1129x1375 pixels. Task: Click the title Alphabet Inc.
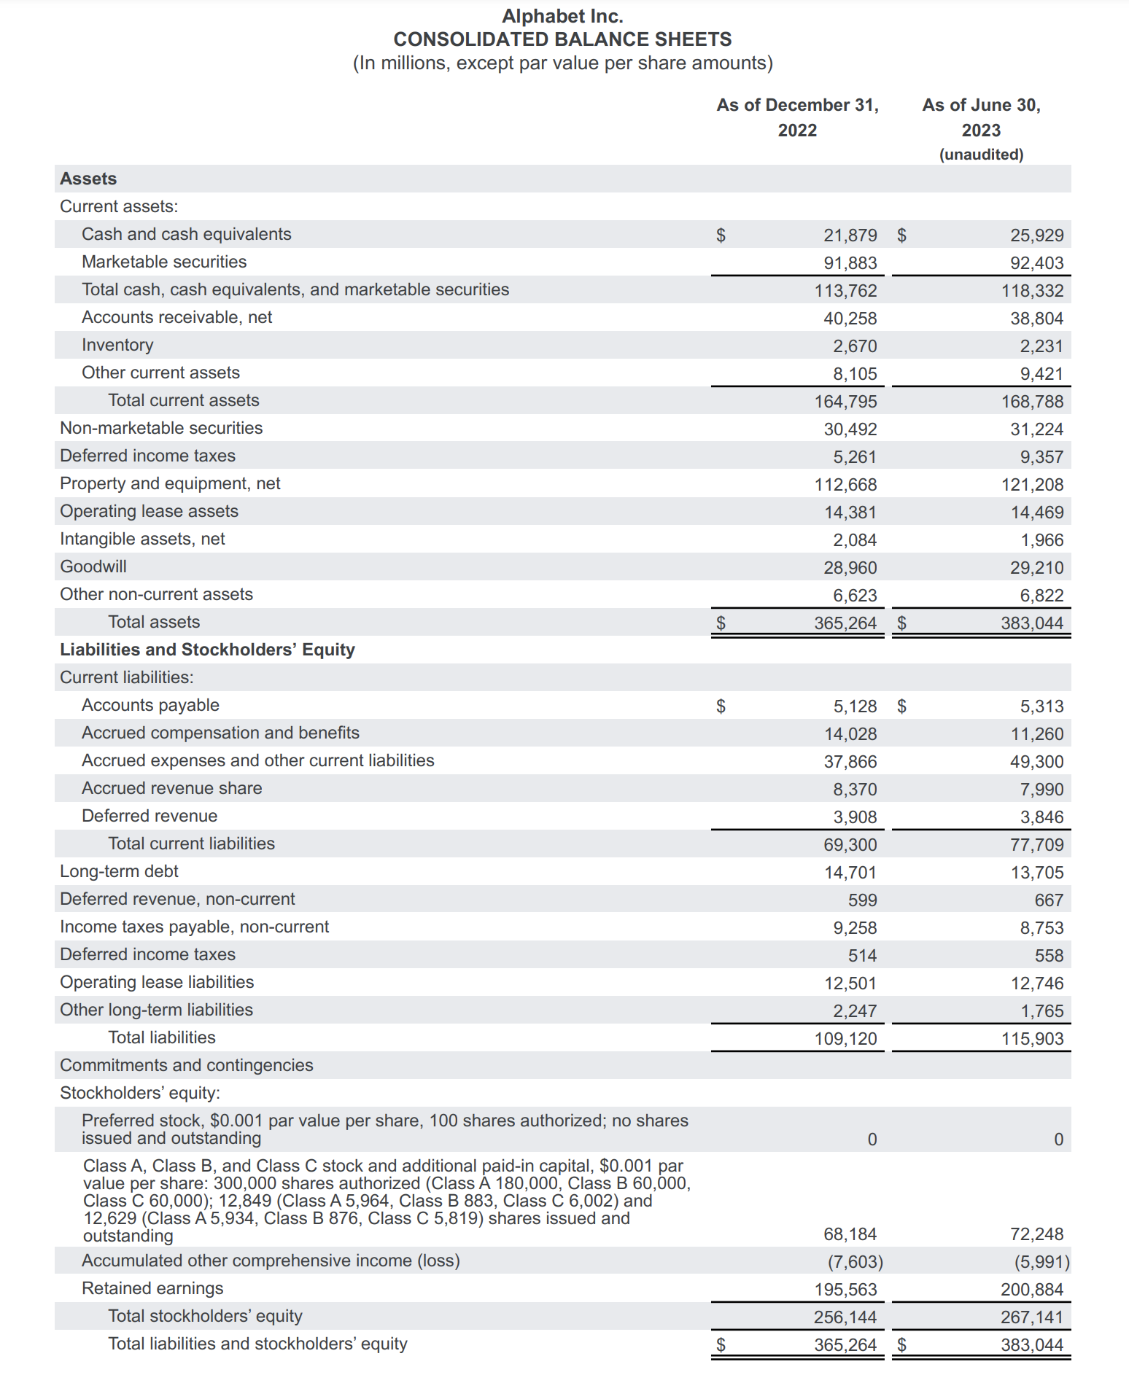pyautogui.click(x=562, y=16)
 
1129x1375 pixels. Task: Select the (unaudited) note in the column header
pyautogui.click(x=981, y=155)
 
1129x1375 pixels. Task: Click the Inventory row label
pyautogui.click(x=117, y=345)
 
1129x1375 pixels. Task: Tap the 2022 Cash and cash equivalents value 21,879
pyautogui.click(x=850, y=235)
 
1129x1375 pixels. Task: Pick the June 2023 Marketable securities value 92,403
pyautogui.click(x=1036, y=263)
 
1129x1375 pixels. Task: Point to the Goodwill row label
pyautogui.click(x=93, y=566)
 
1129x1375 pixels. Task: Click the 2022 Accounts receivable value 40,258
pyautogui.click(x=850, y=319)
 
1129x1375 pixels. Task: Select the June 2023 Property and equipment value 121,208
pyautogui.click(x=1032, y=485)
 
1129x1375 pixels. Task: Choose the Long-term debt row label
pyautogui.click(x=119, y=871)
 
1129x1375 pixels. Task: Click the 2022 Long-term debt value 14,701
pyautogui.click(x=850, y=873)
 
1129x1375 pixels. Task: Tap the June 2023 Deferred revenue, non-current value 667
pyautogui.click(x=1049, y=900)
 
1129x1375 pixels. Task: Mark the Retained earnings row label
pyautogui.click(x=152, y=1288)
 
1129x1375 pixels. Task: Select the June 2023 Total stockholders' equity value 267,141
pyautogui.click(x=1032, y=1317)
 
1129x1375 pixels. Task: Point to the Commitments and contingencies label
pyautogui.click(x=187, y=1065)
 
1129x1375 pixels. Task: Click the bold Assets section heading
pyautogui.click(x=88, y=179)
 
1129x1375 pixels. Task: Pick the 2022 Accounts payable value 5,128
pyautogui.click(x=855, y=706)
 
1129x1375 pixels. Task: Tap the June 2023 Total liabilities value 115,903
pyautogui.click(x=1032, y=1039)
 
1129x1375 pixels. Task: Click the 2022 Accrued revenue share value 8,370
pyautogui.click(x=855, y=790)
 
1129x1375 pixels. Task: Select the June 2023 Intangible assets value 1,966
pyautogui.click(x=1041, y=540)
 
